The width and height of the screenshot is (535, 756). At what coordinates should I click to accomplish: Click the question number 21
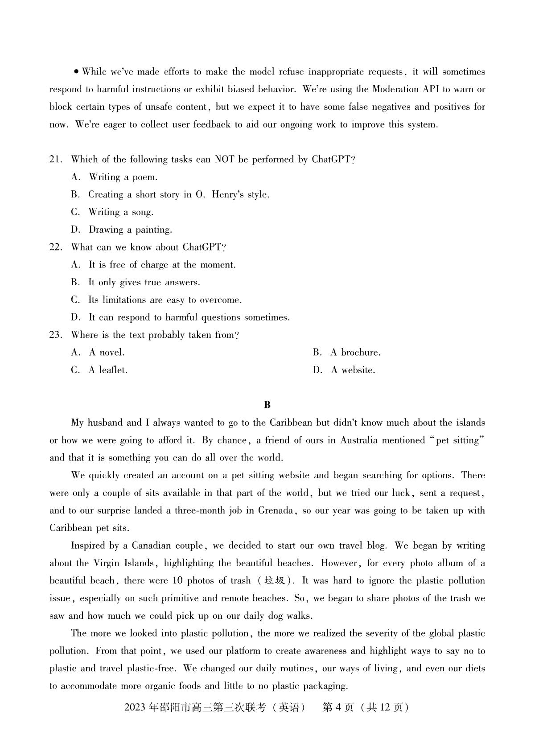(x=55, y=160)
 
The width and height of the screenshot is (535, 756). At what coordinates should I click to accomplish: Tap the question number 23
(x=55, y=335)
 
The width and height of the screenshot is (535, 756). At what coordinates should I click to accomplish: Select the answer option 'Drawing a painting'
(x=130, y=230)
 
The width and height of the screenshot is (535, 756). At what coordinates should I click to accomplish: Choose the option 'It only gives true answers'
(x=144, y=283)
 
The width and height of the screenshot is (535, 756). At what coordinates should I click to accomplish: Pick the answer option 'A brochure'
(x=355, y=353)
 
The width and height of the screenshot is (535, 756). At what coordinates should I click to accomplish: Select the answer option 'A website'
(x=353, y=370)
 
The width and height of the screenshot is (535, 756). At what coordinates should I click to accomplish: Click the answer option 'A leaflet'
(x=108, y=370)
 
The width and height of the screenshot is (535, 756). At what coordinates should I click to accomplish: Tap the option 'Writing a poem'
(x=123, y=177)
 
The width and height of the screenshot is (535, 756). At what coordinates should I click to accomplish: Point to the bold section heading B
(x=267, y=405)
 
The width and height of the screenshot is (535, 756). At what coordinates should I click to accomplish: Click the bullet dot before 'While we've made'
(x=77, y=72)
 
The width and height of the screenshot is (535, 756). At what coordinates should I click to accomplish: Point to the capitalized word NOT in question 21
(x=224, y=160)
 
